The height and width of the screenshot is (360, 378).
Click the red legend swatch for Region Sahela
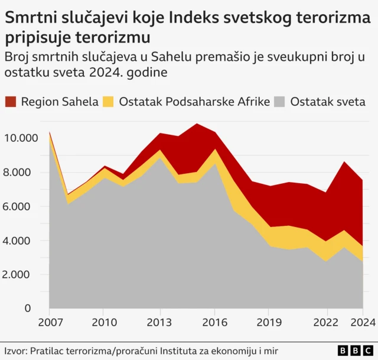coord(11,101)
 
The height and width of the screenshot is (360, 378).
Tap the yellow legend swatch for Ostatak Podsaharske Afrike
coord(109,101)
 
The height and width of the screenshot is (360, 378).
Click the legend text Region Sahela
coord(59,101)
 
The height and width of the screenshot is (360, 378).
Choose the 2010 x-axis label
coord(103,323)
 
